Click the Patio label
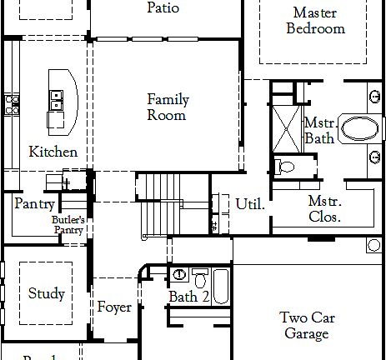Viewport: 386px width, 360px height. pyautogui.click(x=163, y=8)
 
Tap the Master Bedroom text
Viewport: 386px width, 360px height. pyautogui.click(x=315, y=21)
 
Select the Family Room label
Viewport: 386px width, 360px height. pyautogui.click(x=168, y=107)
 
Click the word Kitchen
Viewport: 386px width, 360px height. pyautogui.click(x=53, y=152)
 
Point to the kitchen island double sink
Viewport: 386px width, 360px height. pyautogui.click(x=57, y=101)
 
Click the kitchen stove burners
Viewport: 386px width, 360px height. pyautogui.click(x=13, y=104)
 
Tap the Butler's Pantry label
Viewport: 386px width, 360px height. pyautogui.click(x=68, y=225)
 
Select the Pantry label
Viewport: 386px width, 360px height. pyautogui.click(x=34, y=204)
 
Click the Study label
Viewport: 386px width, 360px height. pyautogui.click(x=46, y=293)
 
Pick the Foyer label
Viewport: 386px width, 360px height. pyautogui.click(x=114, y=307)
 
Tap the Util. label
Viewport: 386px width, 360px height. pyautogui.click(x=250, y=204)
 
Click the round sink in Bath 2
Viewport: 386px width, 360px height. pyautogui.click(x=179, y=274)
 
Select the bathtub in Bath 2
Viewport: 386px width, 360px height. pyautogui.click(x=220, y=285)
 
